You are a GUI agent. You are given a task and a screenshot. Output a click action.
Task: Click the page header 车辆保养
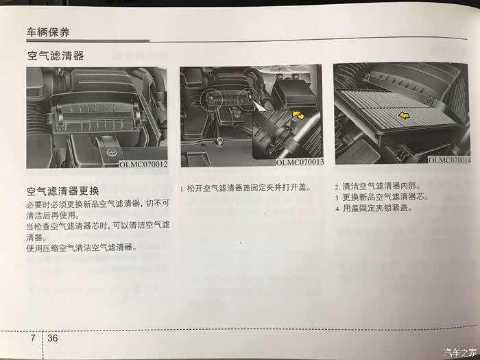[48, 32]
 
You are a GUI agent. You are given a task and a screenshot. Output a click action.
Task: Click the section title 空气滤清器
[56, 56]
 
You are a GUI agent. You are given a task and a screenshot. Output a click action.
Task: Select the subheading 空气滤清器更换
[63, 191]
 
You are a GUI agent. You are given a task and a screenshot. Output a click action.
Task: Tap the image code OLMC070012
[143, 165]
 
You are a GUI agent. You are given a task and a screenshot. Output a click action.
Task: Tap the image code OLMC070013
[300, 163]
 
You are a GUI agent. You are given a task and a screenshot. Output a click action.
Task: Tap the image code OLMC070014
[449, 160]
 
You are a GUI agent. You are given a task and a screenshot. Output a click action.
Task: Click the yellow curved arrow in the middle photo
[298, 116]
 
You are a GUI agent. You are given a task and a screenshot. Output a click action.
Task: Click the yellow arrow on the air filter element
[404, 115]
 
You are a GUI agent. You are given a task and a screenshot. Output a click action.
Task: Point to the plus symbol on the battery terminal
[111, 152]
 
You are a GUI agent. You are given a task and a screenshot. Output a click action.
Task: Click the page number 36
[52, 338]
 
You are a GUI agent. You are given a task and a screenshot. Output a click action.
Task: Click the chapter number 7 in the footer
[33, 338]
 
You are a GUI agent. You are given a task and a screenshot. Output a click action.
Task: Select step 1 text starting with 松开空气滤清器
[245, 188]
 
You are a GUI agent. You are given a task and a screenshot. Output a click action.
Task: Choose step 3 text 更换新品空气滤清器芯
[381, 197]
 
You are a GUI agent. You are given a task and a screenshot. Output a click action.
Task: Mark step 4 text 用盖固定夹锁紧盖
[374, 208]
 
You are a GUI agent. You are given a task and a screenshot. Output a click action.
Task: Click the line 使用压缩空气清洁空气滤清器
[82, 248]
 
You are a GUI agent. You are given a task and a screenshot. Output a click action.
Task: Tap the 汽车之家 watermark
[460, 352]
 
